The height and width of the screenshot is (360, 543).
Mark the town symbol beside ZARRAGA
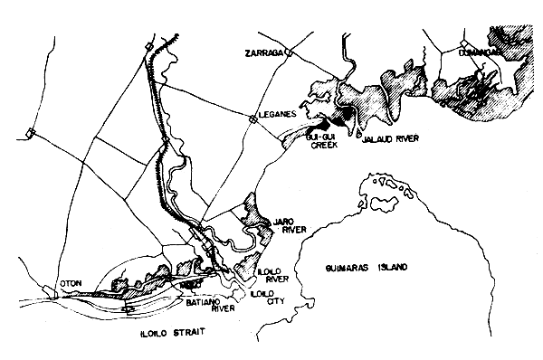[x=290, y=53]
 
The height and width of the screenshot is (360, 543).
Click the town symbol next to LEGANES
[x=252, y=118]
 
